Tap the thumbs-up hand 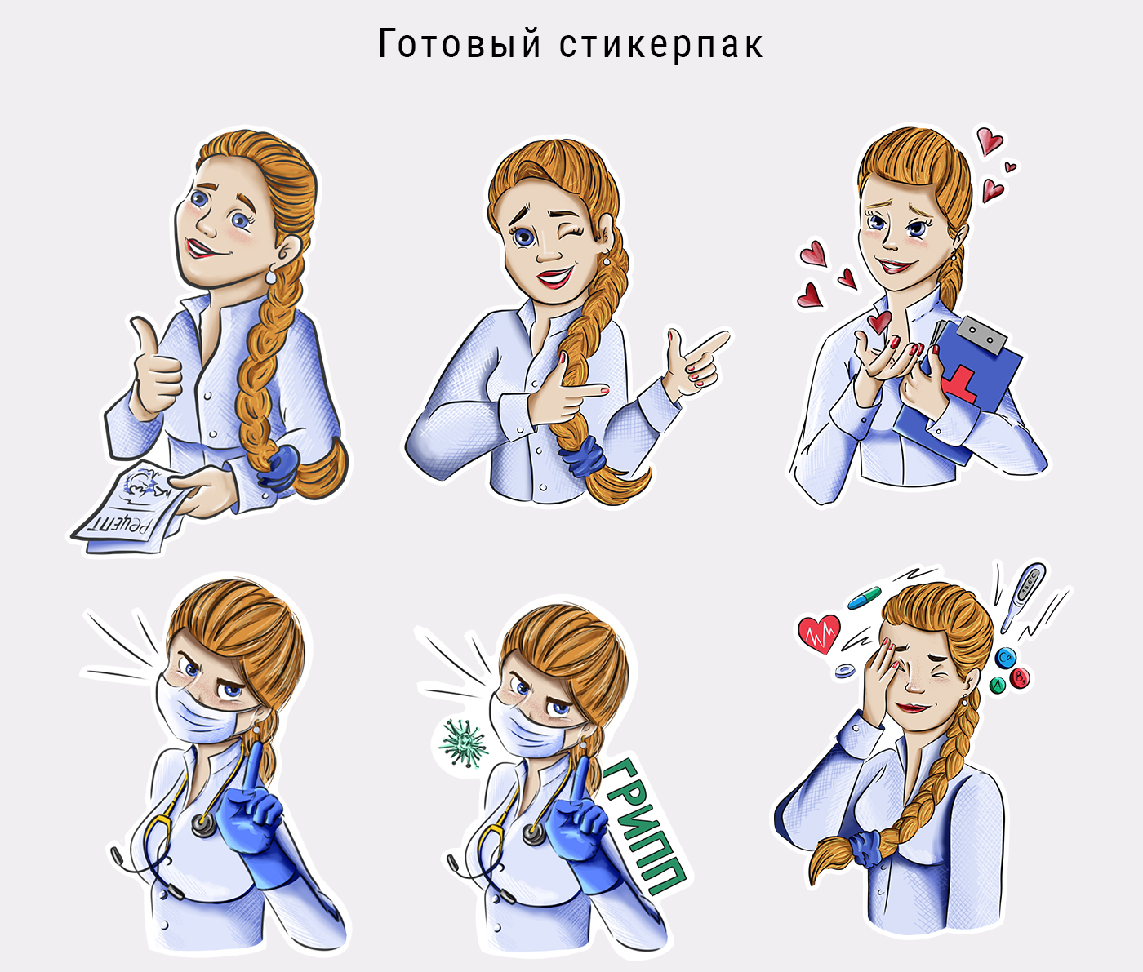point(154,367)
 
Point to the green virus point(463,743)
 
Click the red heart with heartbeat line point(819,633)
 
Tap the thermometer point(1022,598)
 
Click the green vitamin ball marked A point(998,686)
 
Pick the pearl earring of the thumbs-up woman point(271,277)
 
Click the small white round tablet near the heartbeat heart point(844,671)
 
